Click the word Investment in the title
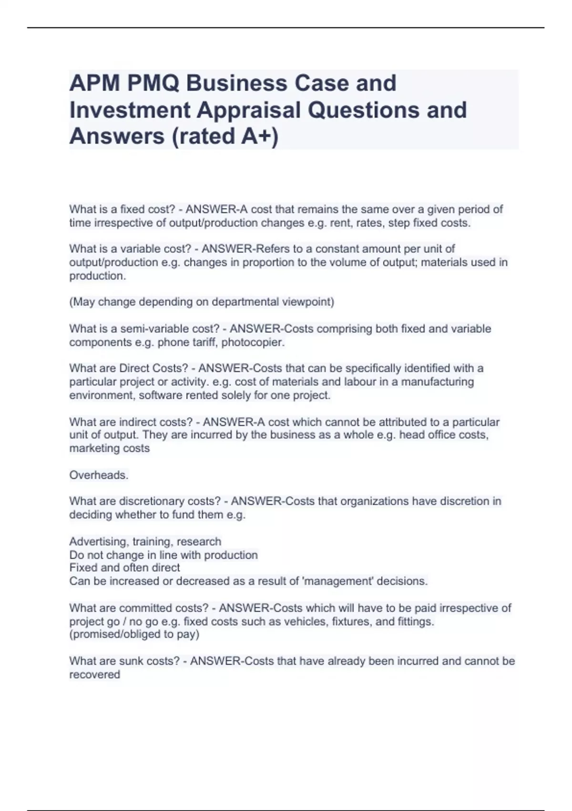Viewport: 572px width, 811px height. [x=130, y=110]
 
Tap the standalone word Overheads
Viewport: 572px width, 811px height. [x=99, y=475]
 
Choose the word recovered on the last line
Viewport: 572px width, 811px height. [x=94, y=675]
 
